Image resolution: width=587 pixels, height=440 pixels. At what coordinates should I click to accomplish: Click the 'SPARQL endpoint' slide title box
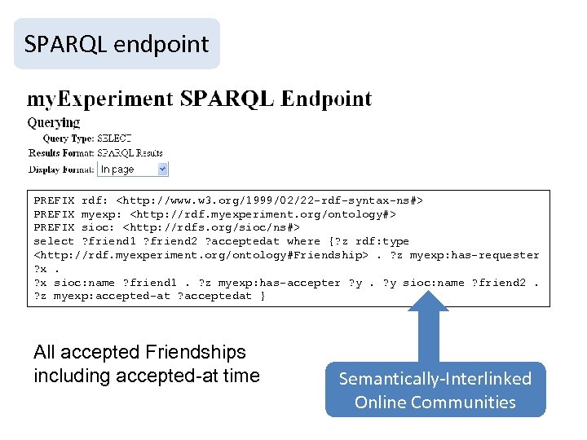coord(117,44)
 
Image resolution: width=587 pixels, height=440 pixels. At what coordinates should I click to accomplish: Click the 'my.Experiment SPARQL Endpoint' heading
coord(200,100)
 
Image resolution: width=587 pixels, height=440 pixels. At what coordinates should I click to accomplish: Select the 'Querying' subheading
coord(54,123)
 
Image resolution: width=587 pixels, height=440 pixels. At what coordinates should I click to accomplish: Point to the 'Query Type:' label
coord(68,139)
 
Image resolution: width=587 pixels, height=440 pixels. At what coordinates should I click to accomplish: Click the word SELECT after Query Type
coord(114,139)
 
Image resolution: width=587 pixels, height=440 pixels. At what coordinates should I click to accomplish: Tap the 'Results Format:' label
coord(61,152)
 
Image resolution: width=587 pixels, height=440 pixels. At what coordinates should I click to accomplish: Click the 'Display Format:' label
coord(61,169)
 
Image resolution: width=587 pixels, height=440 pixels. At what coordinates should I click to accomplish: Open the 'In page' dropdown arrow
coord(161,169)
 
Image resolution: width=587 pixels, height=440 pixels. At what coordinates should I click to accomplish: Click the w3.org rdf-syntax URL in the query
coord(269,200)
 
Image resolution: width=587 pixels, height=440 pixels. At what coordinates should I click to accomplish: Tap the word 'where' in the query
coord(303,242)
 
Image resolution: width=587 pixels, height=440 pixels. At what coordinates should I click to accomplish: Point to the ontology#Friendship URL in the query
coord(201,256)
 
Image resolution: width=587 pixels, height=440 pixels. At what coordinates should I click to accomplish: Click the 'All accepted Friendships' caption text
coord(139,353)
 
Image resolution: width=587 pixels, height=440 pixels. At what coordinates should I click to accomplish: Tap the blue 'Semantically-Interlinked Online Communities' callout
coord(435,389)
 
